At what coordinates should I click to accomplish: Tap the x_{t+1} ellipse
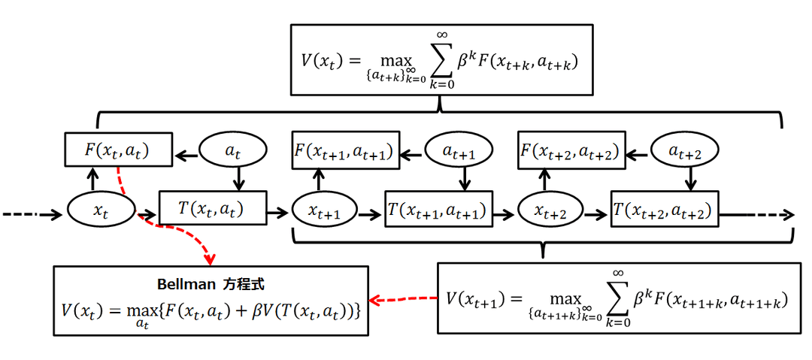[324, 213]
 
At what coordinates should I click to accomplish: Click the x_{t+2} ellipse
[551, 213]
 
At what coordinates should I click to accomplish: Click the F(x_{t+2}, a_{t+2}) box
[569, 151]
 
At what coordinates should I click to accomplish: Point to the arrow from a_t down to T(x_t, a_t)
[238, 177]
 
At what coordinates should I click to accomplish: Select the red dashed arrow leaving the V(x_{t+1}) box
[406, 300]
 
